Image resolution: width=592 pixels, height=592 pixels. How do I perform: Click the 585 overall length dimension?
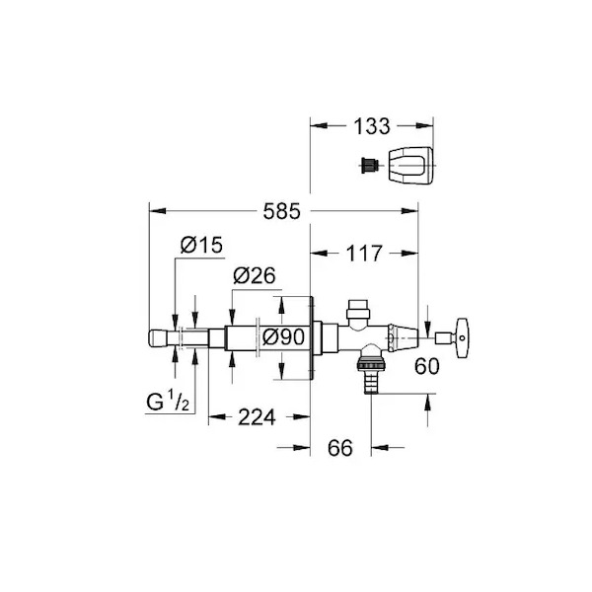(x=281, y=211)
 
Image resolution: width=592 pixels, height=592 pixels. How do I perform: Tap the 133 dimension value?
(x=372, y=126)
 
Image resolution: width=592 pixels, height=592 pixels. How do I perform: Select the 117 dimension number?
(x=364, y=254)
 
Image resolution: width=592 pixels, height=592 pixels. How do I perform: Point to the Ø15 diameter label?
(x=201, y=245)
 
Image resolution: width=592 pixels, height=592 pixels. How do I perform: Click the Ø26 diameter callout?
(x=255, y=275)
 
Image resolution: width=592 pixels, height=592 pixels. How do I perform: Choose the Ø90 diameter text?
(x=283, y=336)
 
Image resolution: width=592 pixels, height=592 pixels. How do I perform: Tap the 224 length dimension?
(x=257, y=417)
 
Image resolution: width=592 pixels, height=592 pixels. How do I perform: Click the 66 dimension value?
(x=340, y=448)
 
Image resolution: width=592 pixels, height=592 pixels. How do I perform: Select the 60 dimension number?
(x=427, y=366)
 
